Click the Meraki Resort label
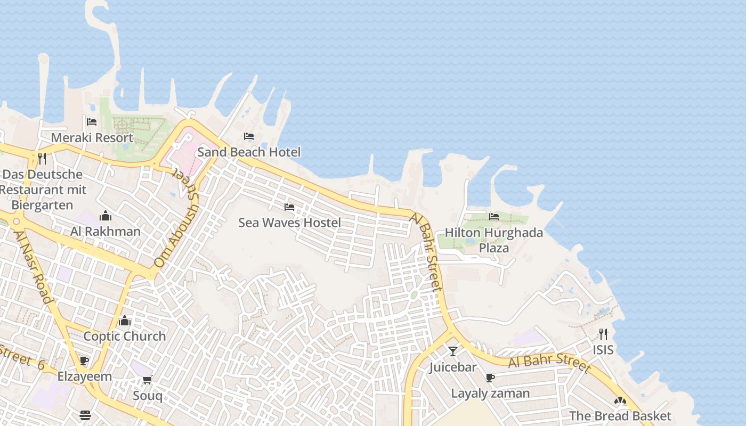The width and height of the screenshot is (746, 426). click(92, 137)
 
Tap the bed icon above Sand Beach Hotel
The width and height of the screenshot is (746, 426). click(249, 136)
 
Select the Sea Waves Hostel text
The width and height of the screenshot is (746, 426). click(289, 222)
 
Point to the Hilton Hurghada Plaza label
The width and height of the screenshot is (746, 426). click(494, 240)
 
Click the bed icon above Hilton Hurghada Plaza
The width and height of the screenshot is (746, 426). click(494, 217)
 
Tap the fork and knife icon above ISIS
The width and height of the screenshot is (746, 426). click(603, 334)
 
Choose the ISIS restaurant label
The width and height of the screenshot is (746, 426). click(603, 350)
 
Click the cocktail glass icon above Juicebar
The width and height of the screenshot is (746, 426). click(453, 351)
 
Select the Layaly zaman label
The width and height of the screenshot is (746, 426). click(490, 394)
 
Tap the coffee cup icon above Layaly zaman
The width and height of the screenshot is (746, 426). click(490, 378)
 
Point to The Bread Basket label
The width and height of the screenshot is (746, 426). click(620, 416)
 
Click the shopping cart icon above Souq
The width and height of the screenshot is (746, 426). click(147, 380)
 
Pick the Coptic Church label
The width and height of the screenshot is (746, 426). click(125, 337)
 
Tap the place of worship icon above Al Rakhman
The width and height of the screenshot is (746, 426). click(106, 216)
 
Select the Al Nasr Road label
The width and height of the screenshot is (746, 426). click(35, 266)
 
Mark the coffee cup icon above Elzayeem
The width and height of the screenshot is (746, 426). click(84, 361)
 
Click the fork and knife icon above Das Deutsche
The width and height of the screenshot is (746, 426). click(42, 158)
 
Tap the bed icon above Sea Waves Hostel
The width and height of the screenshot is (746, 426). click(289, 207)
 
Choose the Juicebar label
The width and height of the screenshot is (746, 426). click(453, 367)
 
